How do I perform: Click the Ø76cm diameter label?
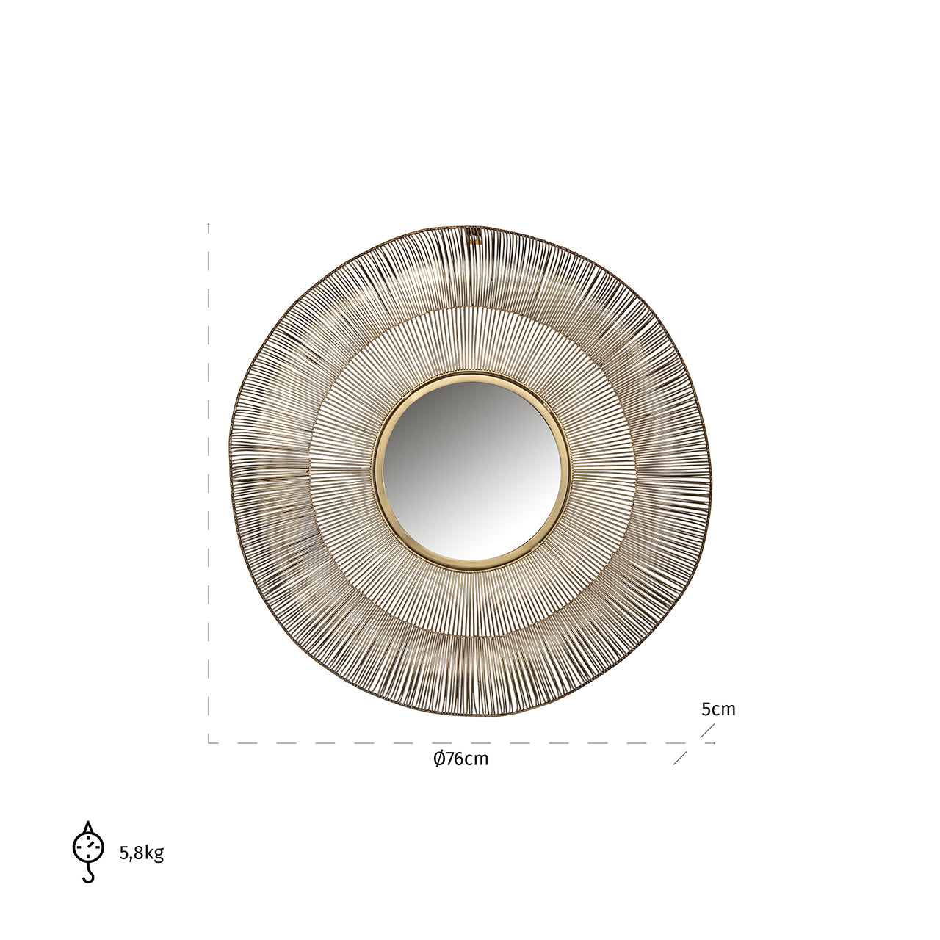pos(460,759)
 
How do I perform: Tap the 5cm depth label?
pos(717,709)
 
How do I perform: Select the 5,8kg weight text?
pos(141,853)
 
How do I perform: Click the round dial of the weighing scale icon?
pos(88,847)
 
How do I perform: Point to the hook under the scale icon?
pos(89,875)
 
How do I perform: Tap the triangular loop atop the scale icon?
pos(88,828)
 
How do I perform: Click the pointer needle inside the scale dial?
pos(90,845)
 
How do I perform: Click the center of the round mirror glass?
pos(471,471)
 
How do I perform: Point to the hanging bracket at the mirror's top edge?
pos(474,235)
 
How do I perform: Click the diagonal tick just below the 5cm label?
pos(707,730)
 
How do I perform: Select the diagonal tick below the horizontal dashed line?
pos(680,758)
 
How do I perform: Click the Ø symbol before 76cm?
pos(438,759)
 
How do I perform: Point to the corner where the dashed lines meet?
pos(209,742)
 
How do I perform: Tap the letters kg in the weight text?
pos(154,853)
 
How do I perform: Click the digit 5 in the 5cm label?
pos(706,709)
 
